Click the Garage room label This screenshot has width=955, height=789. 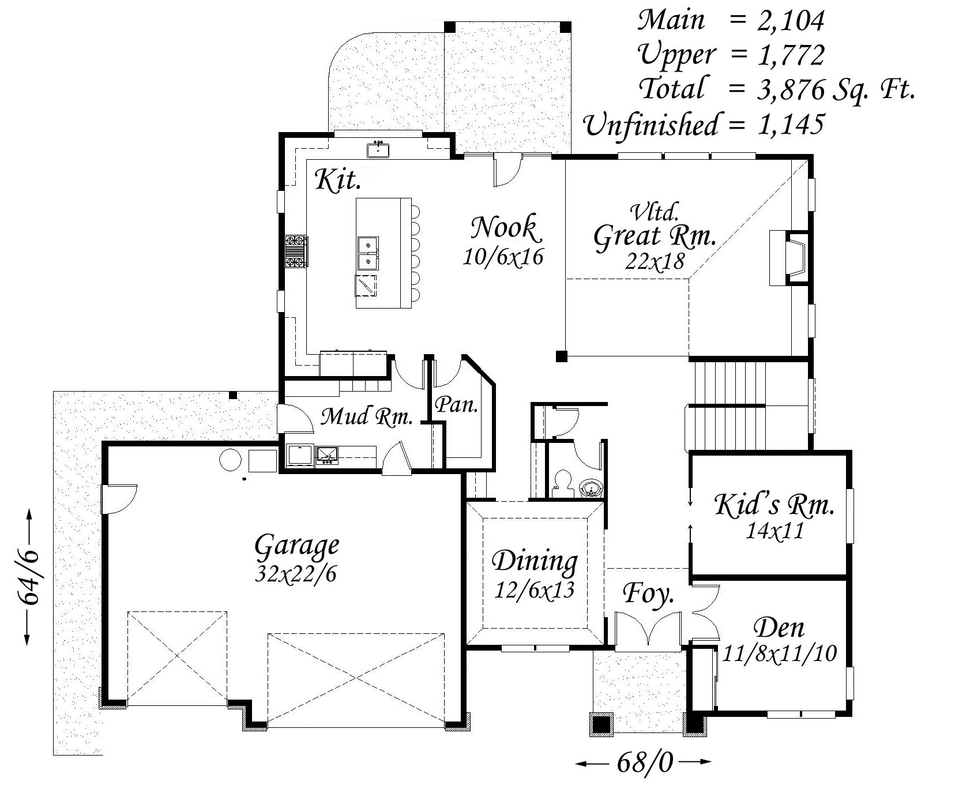(296, 546)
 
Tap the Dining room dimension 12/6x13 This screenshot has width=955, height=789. (535, 590)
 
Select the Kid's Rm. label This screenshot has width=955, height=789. (774, 506)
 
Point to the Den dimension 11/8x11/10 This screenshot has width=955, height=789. (779, 653)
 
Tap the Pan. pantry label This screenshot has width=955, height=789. (456, 405)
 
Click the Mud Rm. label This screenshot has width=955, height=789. (366, 416)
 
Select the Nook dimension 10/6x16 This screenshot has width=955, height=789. (503, 257)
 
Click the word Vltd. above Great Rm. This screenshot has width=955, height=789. (654, 212)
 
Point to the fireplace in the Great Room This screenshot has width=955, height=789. (789, 258)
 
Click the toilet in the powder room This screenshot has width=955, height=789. (561, 482)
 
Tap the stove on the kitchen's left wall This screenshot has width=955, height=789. (296, 251)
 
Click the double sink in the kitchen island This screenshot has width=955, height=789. (367, 254)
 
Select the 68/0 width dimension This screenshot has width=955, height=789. (644, 763)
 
